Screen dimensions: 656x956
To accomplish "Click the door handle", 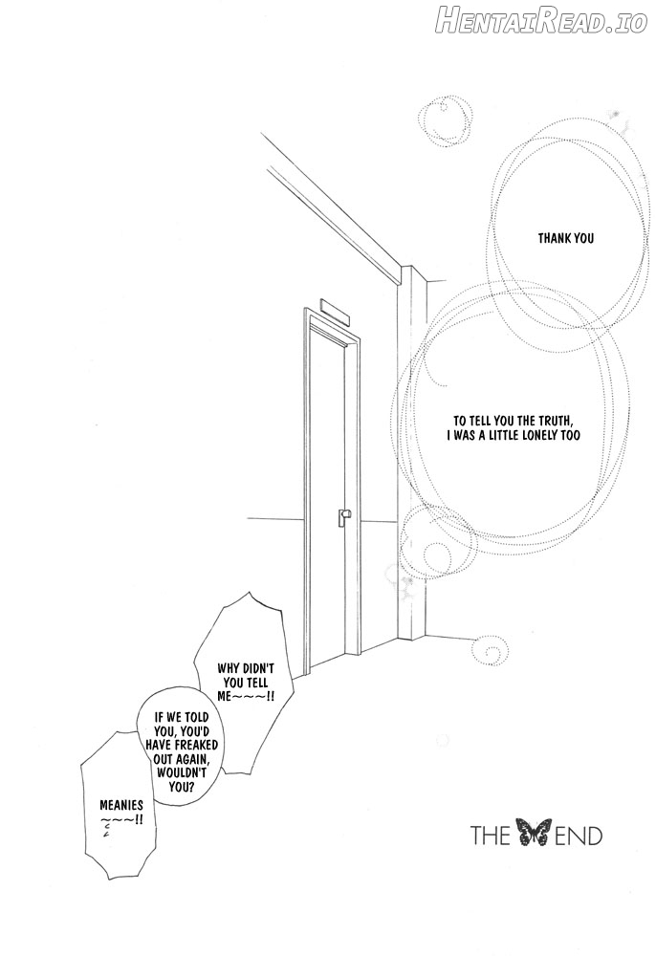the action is [x=344, y=516].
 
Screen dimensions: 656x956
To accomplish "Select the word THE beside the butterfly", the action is [x=491, y=835].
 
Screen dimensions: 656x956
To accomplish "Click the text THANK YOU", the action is [x=566, y=238].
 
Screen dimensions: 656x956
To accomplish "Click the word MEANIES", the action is [x=121, y=805].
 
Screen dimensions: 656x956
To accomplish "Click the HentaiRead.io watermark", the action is [x=541, y=23].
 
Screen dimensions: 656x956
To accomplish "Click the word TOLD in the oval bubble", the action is [x=196, y=717].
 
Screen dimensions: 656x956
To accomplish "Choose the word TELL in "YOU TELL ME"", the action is [x=256, y=682].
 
